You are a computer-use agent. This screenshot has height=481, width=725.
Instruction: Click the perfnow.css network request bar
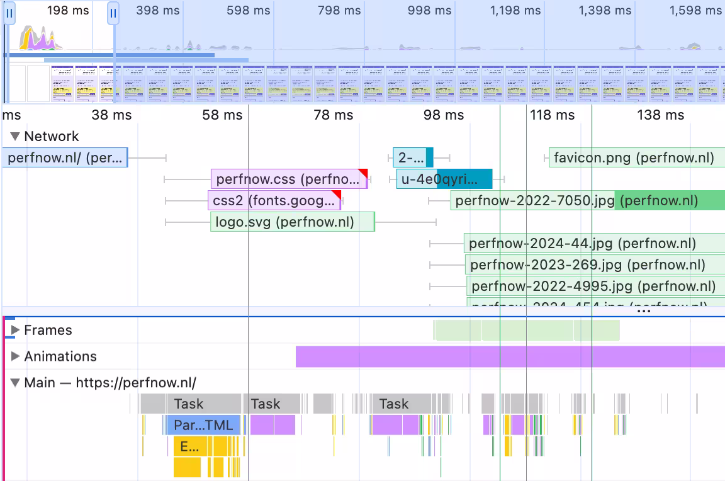tap(288, 179)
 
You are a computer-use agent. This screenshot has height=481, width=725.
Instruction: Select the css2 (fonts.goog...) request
tap(274, 201)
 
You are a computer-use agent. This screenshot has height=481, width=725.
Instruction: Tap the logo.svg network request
tap(292, 222)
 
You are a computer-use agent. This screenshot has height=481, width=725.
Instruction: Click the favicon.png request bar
tap(634, 157)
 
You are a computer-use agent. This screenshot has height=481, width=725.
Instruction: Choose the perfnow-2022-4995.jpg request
tap(593, 286)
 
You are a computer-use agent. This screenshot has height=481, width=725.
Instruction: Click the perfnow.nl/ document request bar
tap(65, 157)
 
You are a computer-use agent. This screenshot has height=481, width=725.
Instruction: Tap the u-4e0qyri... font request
tap(444, 179)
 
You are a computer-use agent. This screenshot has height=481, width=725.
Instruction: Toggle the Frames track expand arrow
tap(16, 330)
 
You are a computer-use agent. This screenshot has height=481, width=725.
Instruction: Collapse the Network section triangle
tap(16, 136)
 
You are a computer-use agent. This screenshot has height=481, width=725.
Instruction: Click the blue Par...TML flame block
tap(203, 425)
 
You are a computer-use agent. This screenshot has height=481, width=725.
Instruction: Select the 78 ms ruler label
tap(333, 115)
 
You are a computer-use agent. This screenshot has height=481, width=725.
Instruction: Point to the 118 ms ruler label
tap(552, 115)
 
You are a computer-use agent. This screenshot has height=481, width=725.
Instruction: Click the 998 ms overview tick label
tap(429, 11)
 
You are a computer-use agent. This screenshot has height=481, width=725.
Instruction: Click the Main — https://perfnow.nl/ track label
tap(110, 383)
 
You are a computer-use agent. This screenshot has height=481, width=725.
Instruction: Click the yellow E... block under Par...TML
tap(189, 446)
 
